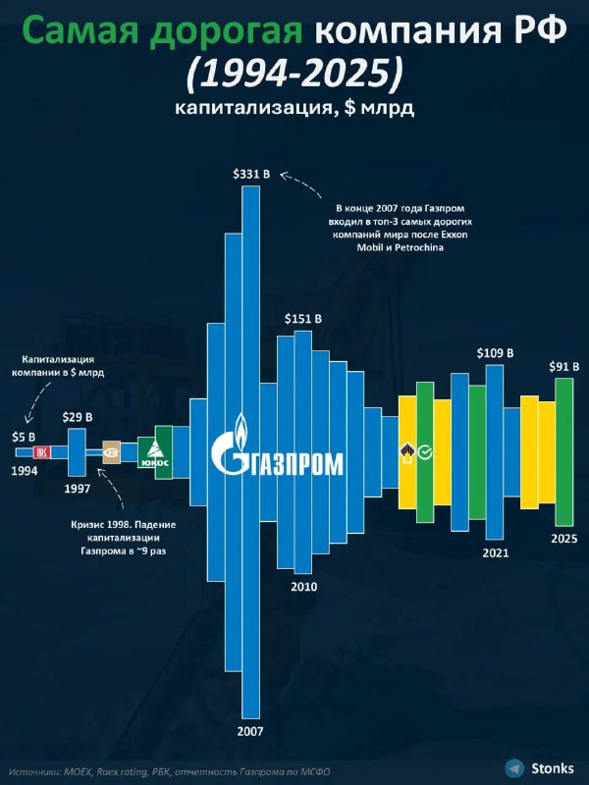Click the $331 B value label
(x=249, y=174)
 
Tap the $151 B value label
(x=302, y=319)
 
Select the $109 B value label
(x=495, y=352)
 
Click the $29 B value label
(x=78, y=417)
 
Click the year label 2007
(x=250, y=731)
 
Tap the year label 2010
(x=303, y=586)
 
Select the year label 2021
(x=496, y=552)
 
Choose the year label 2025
(x=563, y=539)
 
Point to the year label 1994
(x=25, y=471)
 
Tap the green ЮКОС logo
(x=155, y=453)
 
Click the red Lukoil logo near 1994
(x=41, y=452)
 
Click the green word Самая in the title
(x=76, y=32)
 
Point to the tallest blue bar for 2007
(x=250, y=451)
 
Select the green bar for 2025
(x=563, y=451)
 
